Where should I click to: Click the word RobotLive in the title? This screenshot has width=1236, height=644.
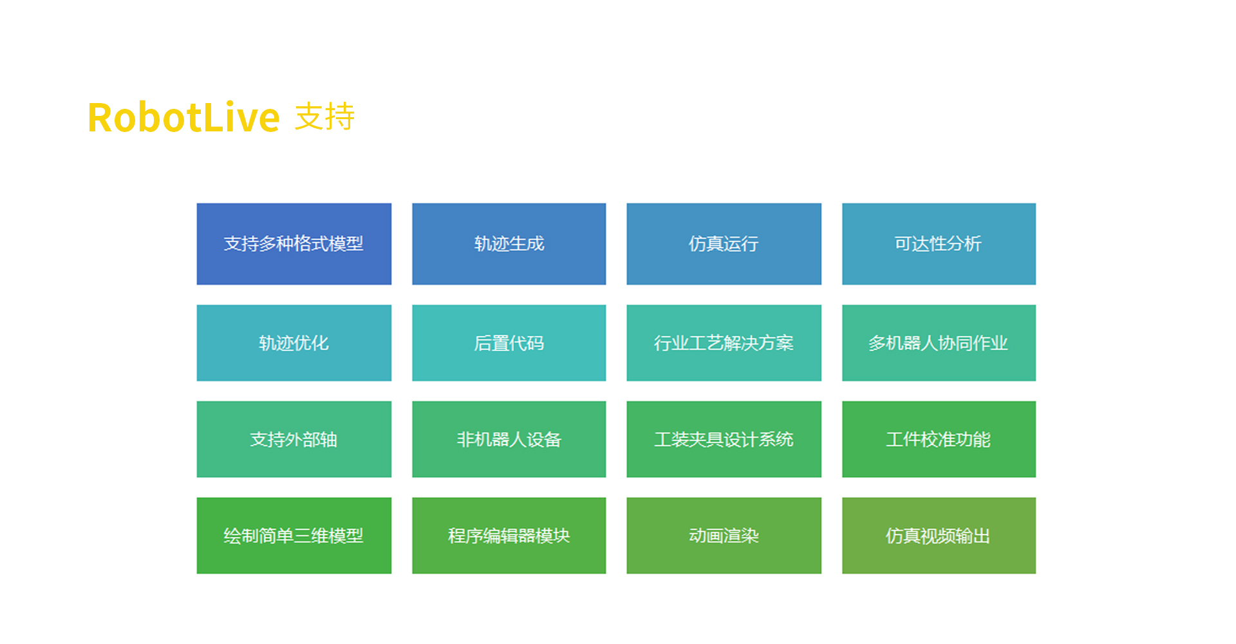tap(183, 117)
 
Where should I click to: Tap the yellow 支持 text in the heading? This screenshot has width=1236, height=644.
tap(325, 117)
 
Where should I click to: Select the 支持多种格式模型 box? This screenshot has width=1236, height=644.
tap(294, 244)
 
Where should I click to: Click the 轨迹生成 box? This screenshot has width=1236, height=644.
tap(509, 244)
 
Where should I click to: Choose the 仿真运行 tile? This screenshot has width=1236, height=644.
tap(724, 244)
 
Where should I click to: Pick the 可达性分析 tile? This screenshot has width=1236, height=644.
tap(939, 244)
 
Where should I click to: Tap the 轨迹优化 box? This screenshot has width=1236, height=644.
tap(294, 343)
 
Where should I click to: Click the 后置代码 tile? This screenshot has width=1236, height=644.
tap(509, 343)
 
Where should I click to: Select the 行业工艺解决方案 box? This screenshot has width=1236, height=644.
tap(724, 343)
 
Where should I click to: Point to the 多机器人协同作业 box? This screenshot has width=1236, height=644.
tap(939, 343)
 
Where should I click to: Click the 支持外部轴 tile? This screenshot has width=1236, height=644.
tap(294, 439)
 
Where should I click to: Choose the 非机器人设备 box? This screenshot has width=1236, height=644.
tap(509, 439)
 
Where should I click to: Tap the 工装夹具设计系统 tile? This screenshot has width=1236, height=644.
tap(724, 439)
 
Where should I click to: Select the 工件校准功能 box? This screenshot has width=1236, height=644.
tap(939, 439)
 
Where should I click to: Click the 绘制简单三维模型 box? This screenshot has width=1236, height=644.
tap(294, 536)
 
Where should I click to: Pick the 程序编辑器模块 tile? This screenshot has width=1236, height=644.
tap(509, 536)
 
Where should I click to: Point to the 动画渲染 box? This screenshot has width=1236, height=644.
tap(724, 536)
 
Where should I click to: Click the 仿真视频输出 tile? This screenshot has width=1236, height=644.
tap(939, 536)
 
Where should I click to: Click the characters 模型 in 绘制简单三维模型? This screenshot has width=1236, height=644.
tap(346, 536)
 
